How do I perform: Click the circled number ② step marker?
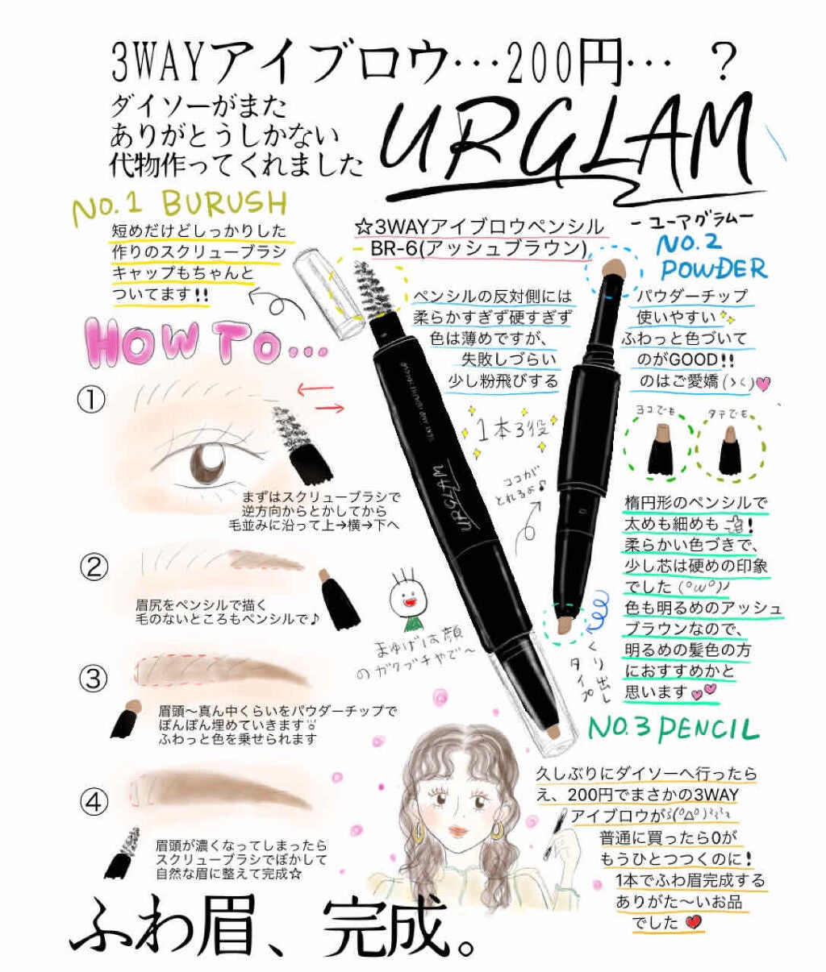pyautogui.click(x=95, y=568)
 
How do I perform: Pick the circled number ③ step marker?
pyautogui.click(x=95, y=679)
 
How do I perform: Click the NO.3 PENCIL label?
pyautogui.click(x=674, y=728)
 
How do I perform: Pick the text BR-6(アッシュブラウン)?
pyautogui.click(x=477, y=248)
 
